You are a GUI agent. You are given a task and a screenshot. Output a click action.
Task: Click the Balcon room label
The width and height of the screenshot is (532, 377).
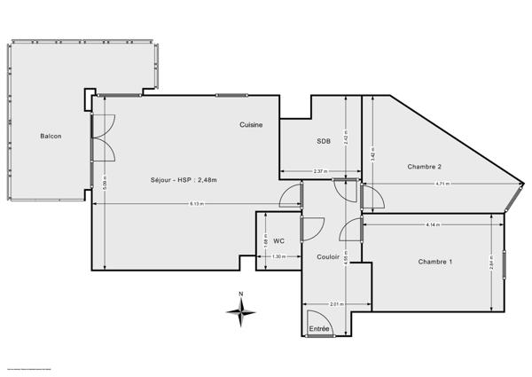(50, 136)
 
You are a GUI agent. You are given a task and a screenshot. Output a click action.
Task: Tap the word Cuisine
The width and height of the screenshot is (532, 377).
(251, 125)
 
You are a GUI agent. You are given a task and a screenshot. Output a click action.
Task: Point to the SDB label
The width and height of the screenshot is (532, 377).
(324, 141)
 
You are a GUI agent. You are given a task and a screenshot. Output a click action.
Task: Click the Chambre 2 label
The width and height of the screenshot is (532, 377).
(424, 167)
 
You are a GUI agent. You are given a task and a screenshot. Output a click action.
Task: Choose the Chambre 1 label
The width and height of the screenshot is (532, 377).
(435, 261)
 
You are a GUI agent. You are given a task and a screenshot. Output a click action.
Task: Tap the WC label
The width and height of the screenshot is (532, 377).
(278, 240)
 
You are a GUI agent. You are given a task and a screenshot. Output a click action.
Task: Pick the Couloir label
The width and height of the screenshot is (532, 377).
(328, 257)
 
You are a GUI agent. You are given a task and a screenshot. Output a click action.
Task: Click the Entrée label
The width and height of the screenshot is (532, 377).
(319, 329)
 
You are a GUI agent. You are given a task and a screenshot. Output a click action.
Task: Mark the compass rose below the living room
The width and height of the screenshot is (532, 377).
(240, 310)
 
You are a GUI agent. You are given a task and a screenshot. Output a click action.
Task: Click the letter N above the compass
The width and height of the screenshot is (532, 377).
(240, 294)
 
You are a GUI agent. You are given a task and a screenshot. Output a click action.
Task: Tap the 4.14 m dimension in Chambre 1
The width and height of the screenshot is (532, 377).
(433, 224)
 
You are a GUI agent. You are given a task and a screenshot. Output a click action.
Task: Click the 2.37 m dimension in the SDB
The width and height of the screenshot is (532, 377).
(320, 171)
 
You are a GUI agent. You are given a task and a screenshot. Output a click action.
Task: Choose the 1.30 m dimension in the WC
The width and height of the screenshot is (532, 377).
(278, 256)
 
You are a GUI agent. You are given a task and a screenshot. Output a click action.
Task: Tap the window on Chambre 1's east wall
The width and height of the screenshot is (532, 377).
(503, 265)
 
